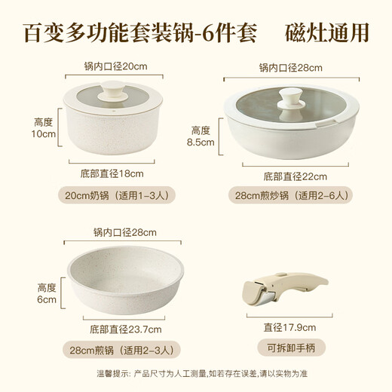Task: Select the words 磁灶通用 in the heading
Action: pos(328,33)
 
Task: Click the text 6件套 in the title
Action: pos(231,33)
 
